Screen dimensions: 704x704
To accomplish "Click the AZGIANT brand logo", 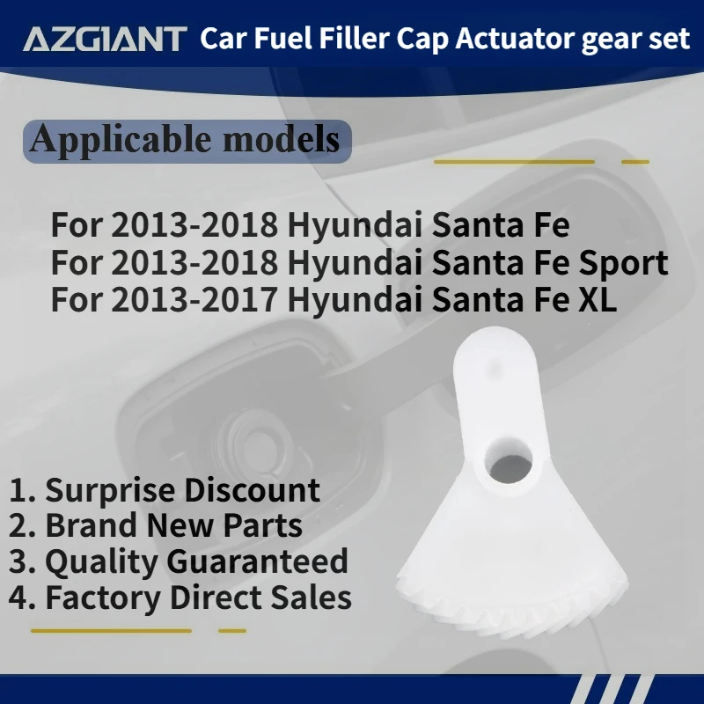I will (x=105, y=39).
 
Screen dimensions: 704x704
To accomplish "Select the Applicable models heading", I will (x=184, y=139).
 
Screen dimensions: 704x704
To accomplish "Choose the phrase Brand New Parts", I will (x=173, y=526).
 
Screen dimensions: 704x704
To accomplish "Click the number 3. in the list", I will (x=23, y=561).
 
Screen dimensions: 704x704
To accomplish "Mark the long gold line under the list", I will (x=111, y=630).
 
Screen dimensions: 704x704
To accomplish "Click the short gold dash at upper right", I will (x=634, y=162).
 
